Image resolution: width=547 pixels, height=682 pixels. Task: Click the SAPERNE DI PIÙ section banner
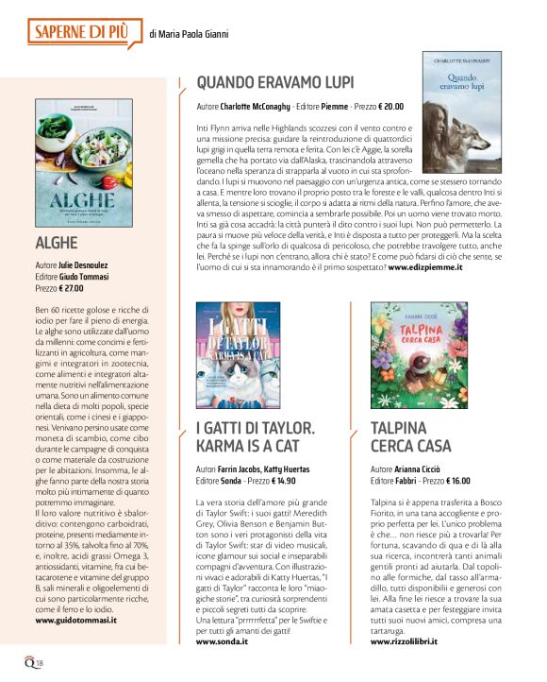(86, 33)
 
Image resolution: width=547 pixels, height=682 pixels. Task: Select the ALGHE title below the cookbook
(56, 244)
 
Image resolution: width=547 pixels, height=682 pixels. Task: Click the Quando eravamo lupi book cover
(462, 111)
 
